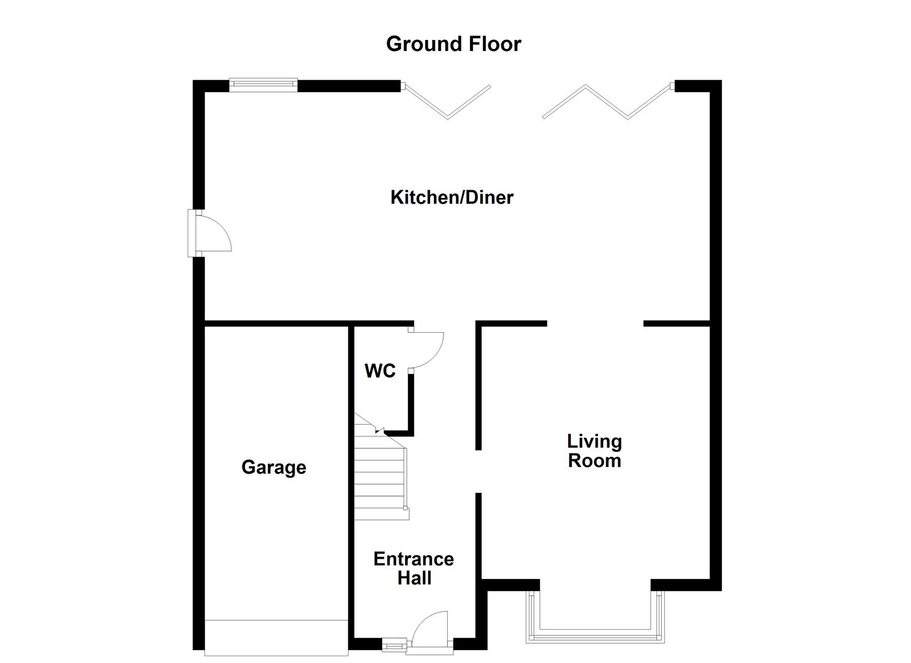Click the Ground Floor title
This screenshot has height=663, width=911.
pos(453,44)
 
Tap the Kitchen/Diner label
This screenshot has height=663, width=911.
pos(452,198)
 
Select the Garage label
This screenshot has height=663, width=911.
pos(274,467)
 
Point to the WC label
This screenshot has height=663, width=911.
pos(380,371)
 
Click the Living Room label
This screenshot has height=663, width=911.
pos(594,451)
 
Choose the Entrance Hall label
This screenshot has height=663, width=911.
pos(413,568)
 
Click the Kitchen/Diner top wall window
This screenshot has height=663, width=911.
pos(263,85)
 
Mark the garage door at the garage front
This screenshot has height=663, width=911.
pos(276,637)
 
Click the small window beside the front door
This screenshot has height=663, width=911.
pos(394,645)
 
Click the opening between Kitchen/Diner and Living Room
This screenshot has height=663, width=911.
pos(594,324)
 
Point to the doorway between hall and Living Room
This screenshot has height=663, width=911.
pos(479,471)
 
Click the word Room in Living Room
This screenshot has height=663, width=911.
pos(594,461)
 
